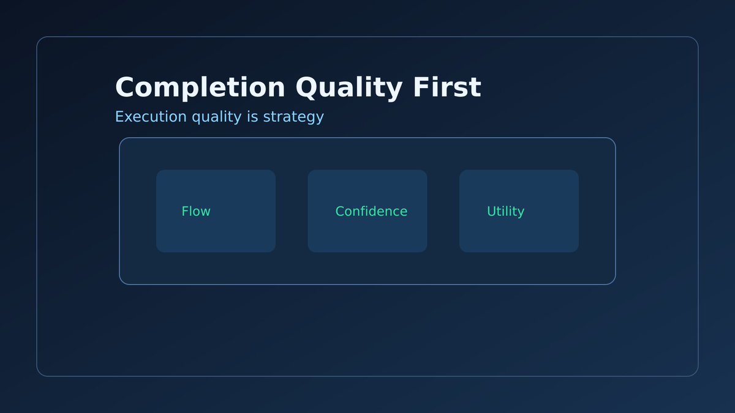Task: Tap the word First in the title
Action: [x=447, y=87]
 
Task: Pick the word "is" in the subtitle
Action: [x=252, y=116]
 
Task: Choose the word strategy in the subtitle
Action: [x=293, y=117]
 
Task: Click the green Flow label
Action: [x=196, y=211]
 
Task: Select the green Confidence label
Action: [x=371, y=211]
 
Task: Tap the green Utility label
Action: [x=505, y=212]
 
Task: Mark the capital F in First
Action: [x=421, y=87]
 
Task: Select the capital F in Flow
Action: [x=184, y=211]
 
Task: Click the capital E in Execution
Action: [x=119, y=116]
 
